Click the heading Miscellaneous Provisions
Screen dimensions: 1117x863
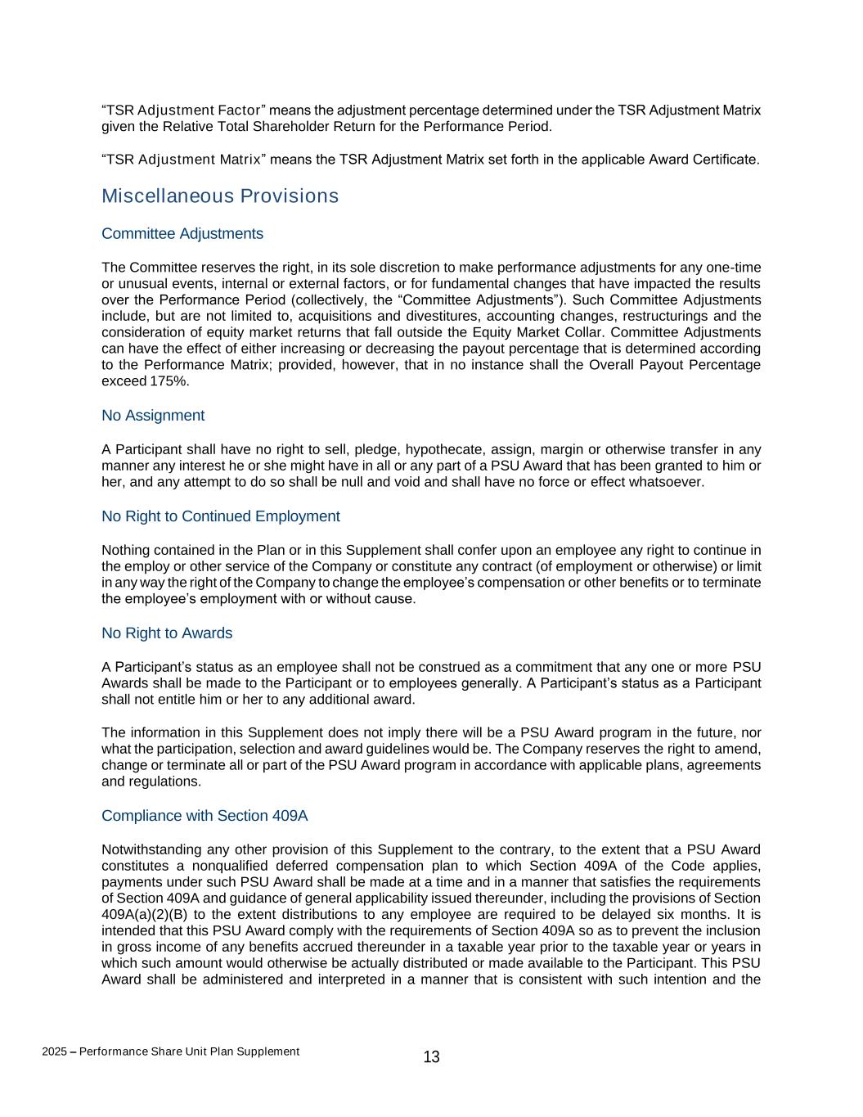219,196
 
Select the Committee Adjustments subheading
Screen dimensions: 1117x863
182,234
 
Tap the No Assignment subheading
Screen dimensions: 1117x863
153,416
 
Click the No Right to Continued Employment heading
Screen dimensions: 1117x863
221,516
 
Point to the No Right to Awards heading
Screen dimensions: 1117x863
167,633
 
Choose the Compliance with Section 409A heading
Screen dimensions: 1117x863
205,816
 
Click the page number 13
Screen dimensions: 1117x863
431,1057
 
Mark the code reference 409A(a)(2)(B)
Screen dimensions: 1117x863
147,914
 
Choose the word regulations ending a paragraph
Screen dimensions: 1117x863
163,781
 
